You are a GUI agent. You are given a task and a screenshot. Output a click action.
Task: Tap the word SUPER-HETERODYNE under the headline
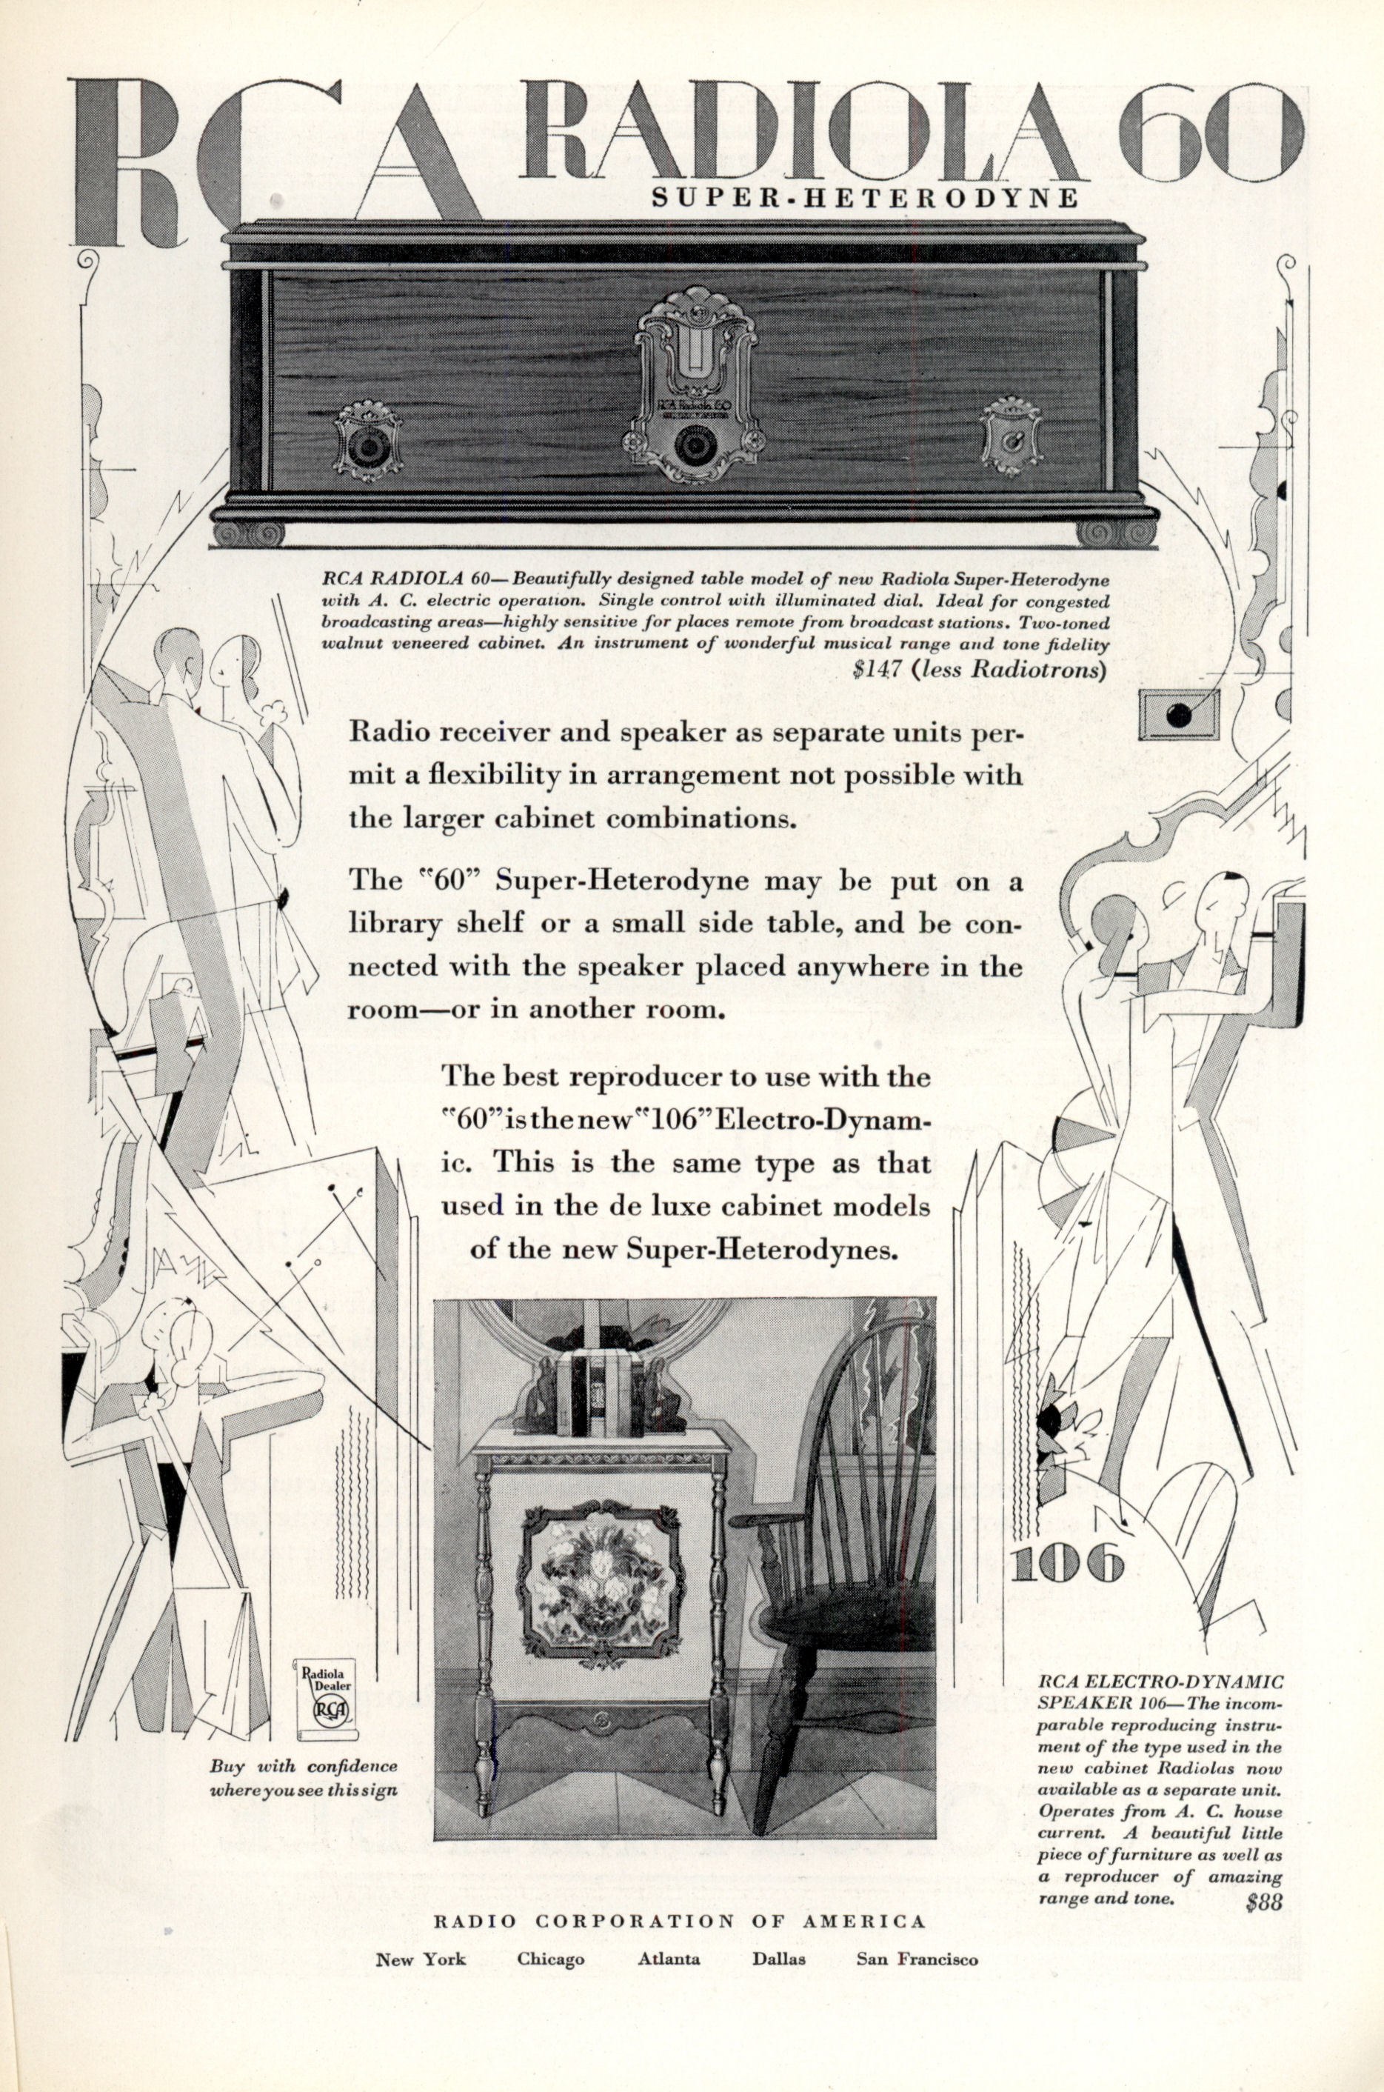click(x=864, y=197)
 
